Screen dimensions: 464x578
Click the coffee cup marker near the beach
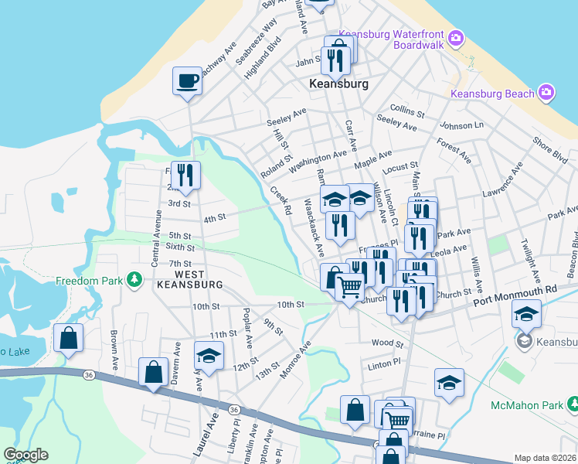click(x=187, y=80)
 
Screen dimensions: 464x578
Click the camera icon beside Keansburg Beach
click(x=547, y=93)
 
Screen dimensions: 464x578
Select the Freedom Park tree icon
click(x=135, y=278)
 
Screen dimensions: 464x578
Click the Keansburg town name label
click(x=338, y=83)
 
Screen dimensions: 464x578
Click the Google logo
click(x=25, y=455)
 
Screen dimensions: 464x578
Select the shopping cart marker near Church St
click(x=350, y=288)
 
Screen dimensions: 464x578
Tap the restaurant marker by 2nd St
click(x=185, y=176)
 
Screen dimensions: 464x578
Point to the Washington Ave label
click(x=318, y=162)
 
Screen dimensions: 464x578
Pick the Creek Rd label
click(x=280, y=200)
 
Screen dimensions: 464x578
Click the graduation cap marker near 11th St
click(x=209, y=356)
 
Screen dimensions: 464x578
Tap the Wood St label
click(x=387, y=343)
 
